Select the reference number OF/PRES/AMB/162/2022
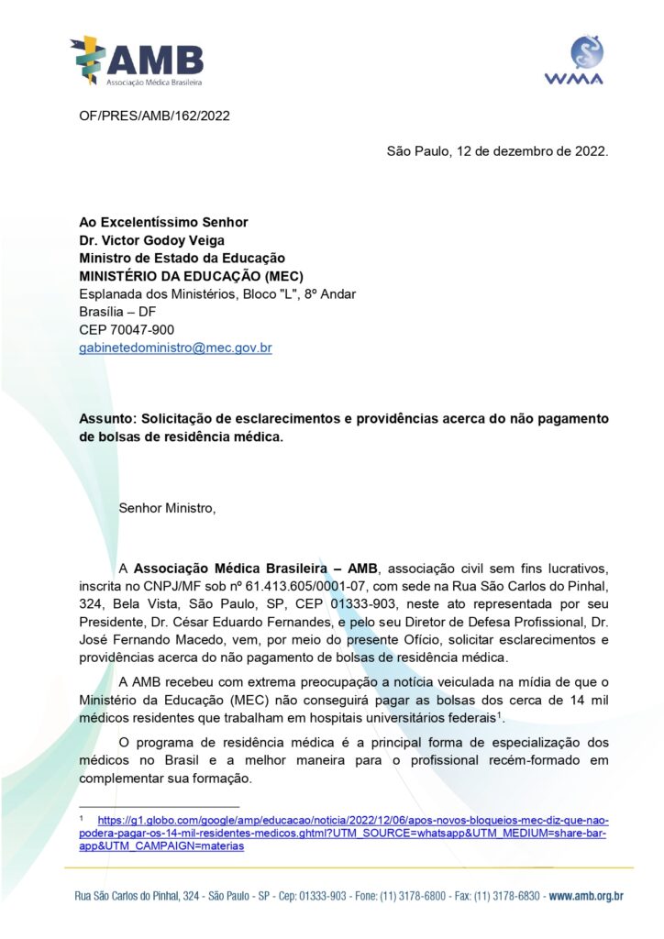click(154, 116)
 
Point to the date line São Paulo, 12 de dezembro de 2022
click(497, 150)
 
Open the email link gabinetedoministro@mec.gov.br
click(175, 348)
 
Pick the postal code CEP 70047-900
click(127, 329)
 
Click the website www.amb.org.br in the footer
click(588, 895)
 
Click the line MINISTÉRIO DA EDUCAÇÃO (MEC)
click(191, 276)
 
